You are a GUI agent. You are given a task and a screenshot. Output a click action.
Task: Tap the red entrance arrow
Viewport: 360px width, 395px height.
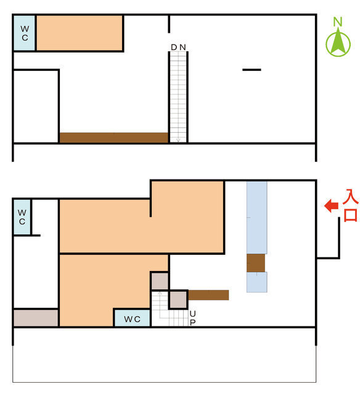(x=331, y=206)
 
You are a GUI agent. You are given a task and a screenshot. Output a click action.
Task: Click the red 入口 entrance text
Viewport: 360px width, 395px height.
(x=350, y=206)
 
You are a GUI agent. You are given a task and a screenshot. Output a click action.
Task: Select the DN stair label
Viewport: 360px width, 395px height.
(x=178, y=47)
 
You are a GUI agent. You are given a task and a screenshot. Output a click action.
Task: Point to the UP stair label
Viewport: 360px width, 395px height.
(x=193, y=318)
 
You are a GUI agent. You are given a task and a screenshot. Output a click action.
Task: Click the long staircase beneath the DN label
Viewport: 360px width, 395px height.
(x=178, y=97)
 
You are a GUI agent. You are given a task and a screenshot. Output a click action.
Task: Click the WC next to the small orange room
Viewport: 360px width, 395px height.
(x=25, y=33)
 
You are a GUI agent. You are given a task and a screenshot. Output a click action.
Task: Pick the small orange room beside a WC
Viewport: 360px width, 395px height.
(x=80, y=33)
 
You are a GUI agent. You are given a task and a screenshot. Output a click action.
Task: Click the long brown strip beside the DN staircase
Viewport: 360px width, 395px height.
(x=113, y=138)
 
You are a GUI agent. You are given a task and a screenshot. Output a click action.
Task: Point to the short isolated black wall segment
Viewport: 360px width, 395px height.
(x=252, y=70)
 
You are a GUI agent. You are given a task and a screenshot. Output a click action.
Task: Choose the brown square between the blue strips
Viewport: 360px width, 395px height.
(x=256, y=263)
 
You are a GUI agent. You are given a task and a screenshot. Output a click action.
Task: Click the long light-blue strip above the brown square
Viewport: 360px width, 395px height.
(x=256, y=217)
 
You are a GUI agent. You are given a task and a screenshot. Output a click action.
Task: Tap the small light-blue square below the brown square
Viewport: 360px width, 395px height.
(x=256, y=282)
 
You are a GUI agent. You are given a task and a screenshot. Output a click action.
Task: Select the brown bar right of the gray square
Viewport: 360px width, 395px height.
(x=208, y=295)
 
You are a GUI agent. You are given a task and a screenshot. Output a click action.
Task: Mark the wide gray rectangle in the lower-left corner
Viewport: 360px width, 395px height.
(x=36, y=318)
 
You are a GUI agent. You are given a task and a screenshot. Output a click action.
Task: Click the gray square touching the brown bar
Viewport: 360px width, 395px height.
(x=178, y=299)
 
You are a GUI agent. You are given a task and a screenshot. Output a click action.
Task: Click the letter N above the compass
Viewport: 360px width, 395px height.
(x=338, y=22)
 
